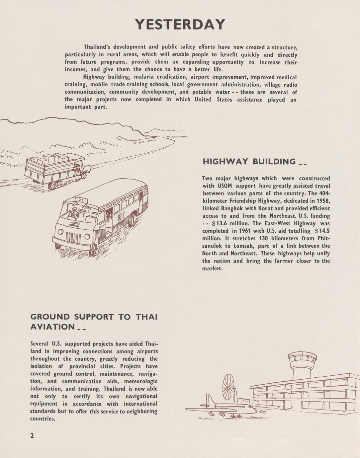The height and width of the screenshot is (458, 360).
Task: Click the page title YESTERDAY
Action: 180,25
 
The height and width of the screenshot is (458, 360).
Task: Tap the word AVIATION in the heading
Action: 52,327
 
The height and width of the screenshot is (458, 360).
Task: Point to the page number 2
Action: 32,436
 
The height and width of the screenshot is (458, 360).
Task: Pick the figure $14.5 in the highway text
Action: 322,231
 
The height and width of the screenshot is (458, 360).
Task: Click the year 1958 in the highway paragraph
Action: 323,201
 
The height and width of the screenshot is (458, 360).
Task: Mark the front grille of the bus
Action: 73,237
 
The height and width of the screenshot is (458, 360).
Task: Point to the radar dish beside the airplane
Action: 229,387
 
